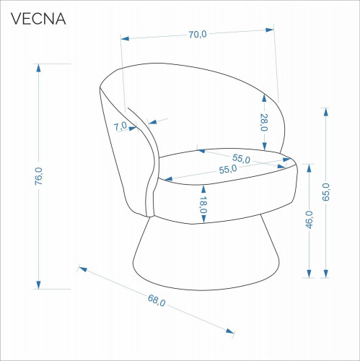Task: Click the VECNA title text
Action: click(x=38, y=19)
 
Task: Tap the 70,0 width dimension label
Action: click(x=198, y=35)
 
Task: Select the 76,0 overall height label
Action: click(x=39, y=176)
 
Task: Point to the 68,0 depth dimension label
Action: click(x=157, y=300)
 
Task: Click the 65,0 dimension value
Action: click(x=326, y=192)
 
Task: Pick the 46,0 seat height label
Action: click(x=309, y=219)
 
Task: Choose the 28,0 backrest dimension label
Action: click(x=264, y=122)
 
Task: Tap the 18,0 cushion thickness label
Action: click(x=203, y=205)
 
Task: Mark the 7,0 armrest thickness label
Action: click(x=120, y=126)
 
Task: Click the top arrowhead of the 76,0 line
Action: click(x=38, y=69)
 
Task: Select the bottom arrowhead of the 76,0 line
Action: click(x=38, y=284)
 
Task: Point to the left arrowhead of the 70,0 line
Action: click(x=125, y=38)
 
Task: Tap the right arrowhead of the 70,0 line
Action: click(x=270, y=30)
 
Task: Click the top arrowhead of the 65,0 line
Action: click(x=326, y=112)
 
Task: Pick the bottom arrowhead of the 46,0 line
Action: click(x=309, y=274)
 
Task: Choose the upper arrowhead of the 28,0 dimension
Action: click(x=264, y=98)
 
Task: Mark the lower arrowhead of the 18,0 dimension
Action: click(x=203, y=219)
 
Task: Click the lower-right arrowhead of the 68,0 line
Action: click(x=230, y=331)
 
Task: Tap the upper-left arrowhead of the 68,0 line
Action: click(x=83, y=269)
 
